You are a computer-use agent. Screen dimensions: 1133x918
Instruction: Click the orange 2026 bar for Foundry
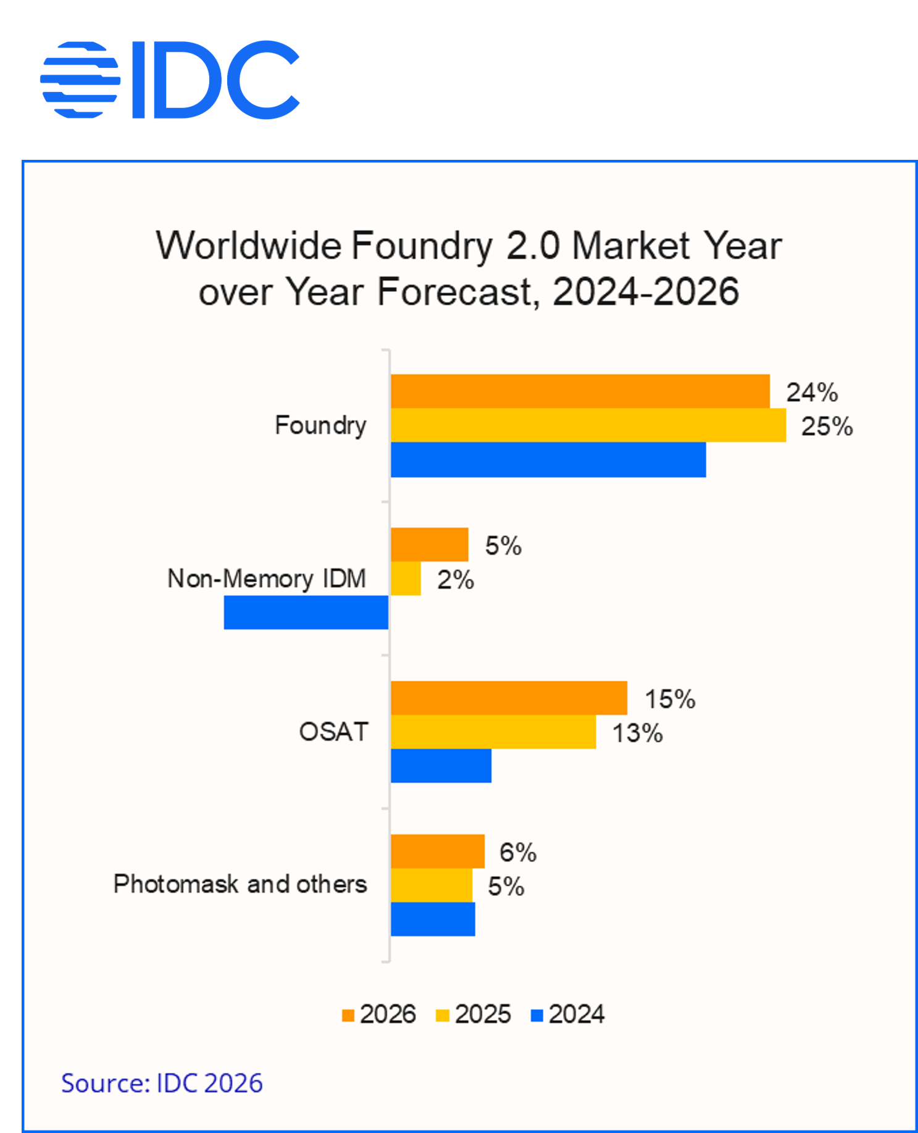[580, 391]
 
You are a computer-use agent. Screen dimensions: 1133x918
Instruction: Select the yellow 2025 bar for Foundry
[588, 425]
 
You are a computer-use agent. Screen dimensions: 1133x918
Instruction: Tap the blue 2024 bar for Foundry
[548, 460]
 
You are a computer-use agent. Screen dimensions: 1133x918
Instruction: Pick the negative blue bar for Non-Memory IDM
[306, 612]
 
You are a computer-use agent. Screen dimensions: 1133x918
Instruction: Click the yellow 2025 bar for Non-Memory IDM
[406, 578]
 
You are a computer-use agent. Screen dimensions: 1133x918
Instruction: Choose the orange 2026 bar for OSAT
[509, 698]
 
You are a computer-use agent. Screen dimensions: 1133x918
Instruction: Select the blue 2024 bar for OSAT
[441, 766]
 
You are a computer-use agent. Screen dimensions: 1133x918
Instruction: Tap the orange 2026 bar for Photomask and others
[437, 851]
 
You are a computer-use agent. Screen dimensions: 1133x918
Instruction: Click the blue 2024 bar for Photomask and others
[433, 919]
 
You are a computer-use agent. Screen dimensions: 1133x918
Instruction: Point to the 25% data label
[827, 426]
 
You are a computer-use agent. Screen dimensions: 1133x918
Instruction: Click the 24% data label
[811, 392]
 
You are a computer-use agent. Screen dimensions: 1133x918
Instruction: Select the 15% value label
[670, 699]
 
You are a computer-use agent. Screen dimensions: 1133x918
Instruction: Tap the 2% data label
[456, 580]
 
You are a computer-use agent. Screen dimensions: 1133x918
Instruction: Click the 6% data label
[517, 852]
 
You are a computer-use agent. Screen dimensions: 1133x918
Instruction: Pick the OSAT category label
[333, 732]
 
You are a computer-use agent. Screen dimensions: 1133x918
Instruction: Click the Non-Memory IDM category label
[267, 579]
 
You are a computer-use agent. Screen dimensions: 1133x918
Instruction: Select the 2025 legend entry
[474, 1015]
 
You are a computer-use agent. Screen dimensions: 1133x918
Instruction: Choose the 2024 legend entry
[567, 1015]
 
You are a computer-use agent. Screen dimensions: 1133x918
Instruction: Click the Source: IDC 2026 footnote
[162, 1083]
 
